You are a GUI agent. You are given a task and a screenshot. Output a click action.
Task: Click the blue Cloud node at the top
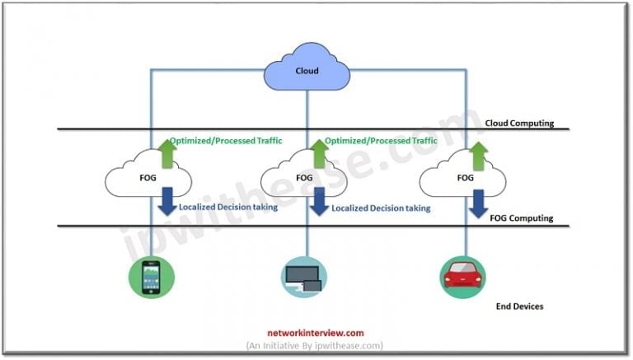307,72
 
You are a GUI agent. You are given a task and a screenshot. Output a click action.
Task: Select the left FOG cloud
149,177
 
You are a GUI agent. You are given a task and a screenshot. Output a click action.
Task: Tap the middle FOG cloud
303,177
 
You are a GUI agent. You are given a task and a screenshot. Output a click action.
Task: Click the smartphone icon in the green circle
148,277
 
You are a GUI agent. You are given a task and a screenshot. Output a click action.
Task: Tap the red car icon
463,277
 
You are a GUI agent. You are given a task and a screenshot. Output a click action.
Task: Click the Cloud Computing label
519,124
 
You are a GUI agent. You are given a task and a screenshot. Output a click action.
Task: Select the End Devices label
519,306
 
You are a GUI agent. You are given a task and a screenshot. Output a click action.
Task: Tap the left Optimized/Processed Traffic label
226,141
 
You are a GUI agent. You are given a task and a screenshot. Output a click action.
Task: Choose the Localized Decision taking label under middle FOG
381,208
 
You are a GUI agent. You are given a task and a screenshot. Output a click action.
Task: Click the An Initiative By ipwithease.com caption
314,346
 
